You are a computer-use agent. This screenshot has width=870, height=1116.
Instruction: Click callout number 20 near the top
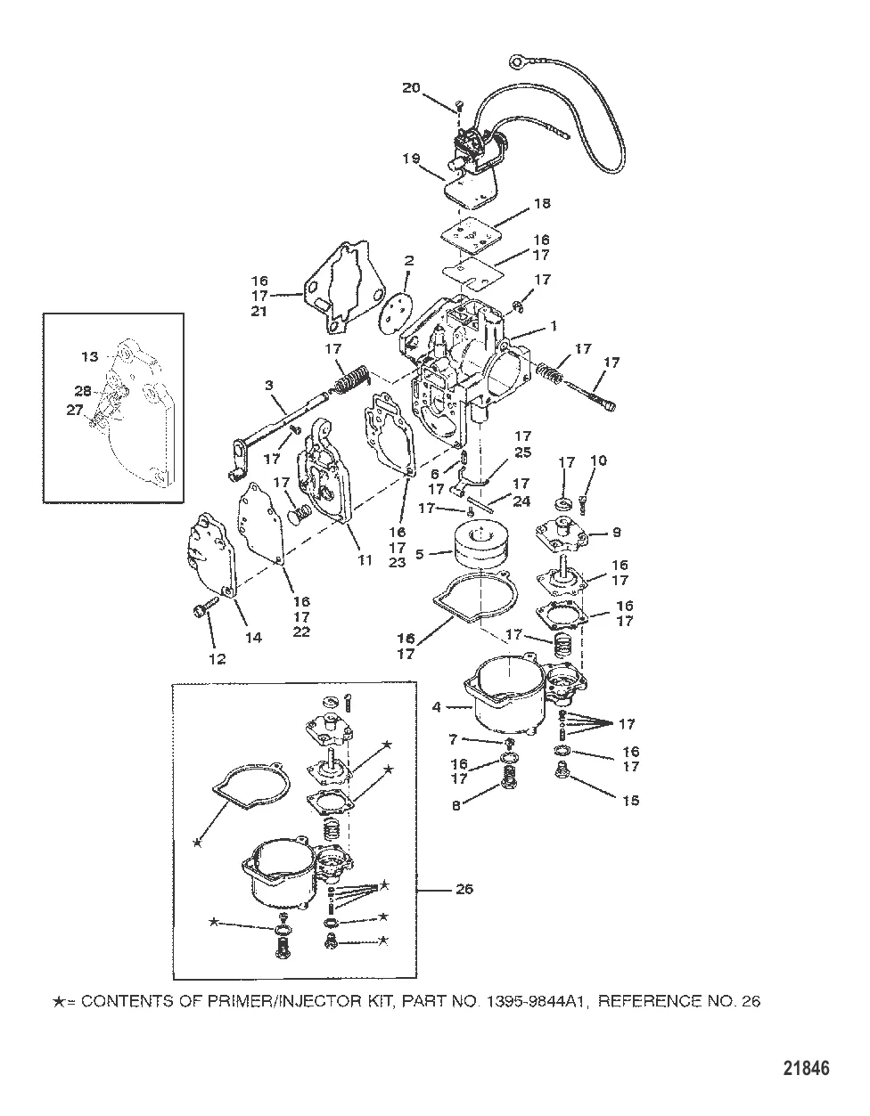tap(411, 87)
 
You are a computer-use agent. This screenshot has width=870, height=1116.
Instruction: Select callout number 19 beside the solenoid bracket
tap(410, 159)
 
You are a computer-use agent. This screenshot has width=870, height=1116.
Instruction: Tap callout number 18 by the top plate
tap(541, 204)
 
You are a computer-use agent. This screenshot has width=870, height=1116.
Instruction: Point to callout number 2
tap(409, 261)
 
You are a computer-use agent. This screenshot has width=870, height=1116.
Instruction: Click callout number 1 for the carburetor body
tap(554, 327)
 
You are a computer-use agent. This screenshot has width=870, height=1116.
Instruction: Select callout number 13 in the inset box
tap(90, 357)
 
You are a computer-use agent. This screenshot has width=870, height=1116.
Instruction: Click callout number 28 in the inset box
tap(82, 392)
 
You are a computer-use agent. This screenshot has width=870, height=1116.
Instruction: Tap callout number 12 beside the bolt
tap(217, 659)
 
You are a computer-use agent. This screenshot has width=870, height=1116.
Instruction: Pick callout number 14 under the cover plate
tap(253, 637)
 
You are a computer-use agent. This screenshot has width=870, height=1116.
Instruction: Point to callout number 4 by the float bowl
tap(437, 708)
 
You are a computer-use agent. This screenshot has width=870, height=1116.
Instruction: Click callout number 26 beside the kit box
tap(489, 888)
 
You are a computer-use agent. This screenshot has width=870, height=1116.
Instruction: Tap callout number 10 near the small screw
tap(598, 460)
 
